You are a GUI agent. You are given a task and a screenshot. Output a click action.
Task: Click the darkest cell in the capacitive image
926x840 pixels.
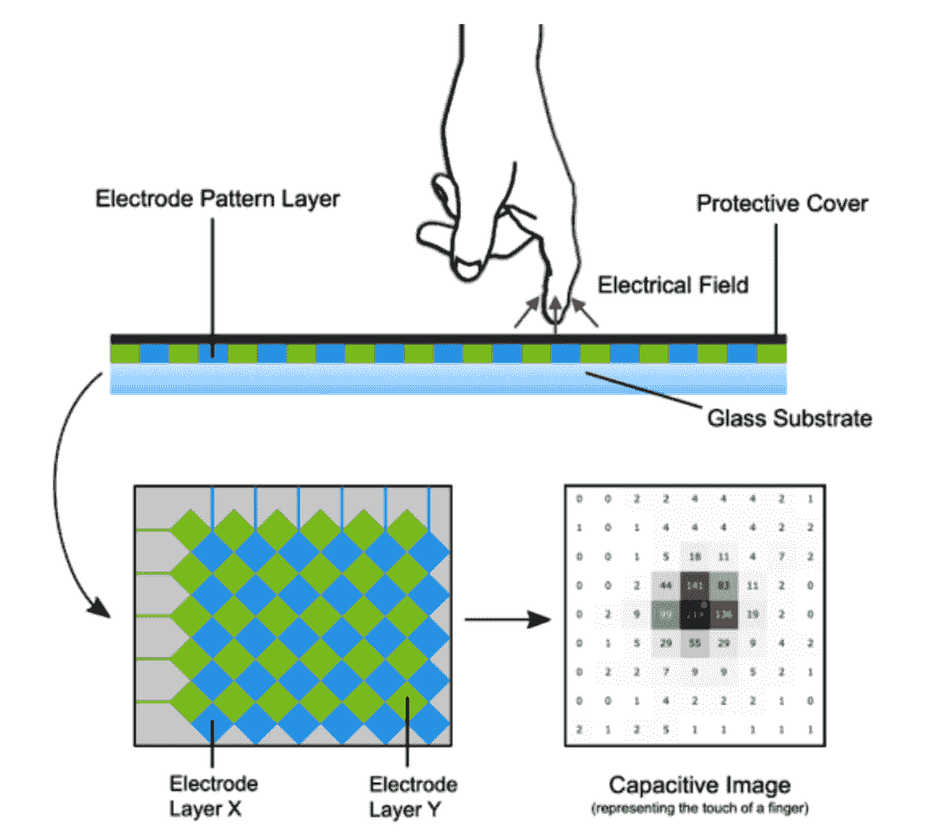[x=694, y=614]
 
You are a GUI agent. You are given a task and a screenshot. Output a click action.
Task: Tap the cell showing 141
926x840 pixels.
[x=694, y=584]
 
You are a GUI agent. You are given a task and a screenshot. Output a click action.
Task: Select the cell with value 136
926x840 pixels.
[x=723, y=614]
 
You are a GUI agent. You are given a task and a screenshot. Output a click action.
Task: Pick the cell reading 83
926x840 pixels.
[x=723, y=584]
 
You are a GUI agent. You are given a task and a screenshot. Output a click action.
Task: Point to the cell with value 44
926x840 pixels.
[x=665, y=584]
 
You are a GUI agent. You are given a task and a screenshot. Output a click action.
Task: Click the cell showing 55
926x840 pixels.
[x=694, y=642]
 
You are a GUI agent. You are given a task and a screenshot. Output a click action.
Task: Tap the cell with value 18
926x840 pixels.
[x=694, y=556]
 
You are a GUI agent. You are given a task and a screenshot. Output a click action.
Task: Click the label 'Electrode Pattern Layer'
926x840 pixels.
[x=217, y=199]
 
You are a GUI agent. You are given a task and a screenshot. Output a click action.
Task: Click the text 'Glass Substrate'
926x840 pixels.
[x=790, y=418]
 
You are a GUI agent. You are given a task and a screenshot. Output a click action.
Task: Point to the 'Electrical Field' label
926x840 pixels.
[x=673, y=285]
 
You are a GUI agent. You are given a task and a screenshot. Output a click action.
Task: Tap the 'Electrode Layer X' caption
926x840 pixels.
[x=213, y=796]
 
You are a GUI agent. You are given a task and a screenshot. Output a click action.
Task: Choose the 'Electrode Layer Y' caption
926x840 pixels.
[x=413, y=796]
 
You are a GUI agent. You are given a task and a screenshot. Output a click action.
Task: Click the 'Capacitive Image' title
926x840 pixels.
[x=699, y=785]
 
